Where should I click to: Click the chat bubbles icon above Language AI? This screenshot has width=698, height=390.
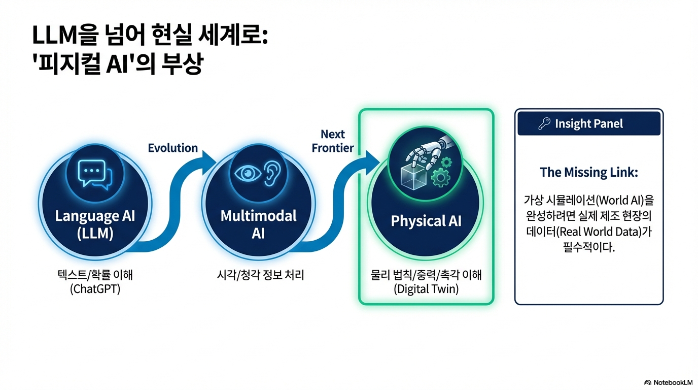(95, 175)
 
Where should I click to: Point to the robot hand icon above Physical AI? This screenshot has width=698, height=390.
(424, 155)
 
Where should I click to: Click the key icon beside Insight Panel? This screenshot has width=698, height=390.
(544, 124)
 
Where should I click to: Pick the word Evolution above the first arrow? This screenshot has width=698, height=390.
(172, 148)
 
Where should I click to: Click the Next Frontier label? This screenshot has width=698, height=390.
(333, 141)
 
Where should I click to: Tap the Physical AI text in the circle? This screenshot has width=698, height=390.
(426, 221)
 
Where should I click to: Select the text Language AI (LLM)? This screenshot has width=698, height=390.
(95, 224)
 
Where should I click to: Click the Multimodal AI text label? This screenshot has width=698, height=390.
(258, 224)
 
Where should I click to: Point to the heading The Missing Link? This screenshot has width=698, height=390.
(588, 172)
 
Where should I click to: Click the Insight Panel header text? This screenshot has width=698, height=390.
(589, 124)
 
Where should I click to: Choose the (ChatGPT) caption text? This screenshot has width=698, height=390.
(95, 290)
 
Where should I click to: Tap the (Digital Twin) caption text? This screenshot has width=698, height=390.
(426, 289)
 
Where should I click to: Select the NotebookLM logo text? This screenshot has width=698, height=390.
(671, 382)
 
